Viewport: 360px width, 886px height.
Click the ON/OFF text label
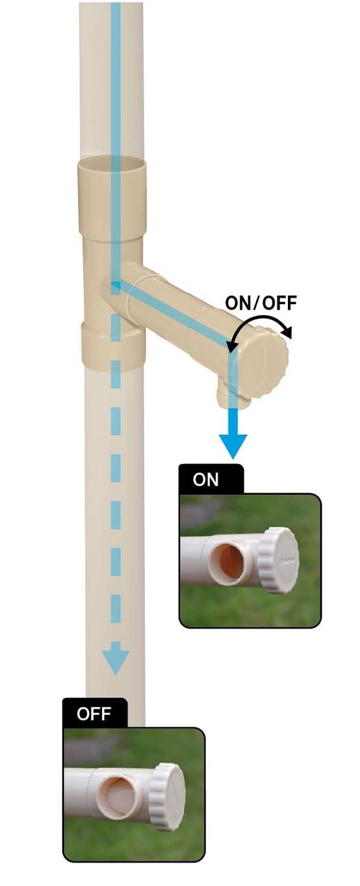pyautogui.click(x=261, y=303)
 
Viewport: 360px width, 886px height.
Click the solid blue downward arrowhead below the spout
pyautogui.click(x=233, y=446)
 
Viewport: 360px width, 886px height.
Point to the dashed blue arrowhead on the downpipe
pyautogui.click(x=116, y=662)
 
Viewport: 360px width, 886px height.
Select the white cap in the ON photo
pyautogui.click(x=279, y=560)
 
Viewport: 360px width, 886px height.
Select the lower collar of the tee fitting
pyautogui.click(x=113, y=346)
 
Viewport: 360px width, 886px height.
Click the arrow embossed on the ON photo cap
pyautogui.click(x=288, y=560)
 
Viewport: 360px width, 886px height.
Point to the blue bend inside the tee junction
pyautogui.click(x=115, y=283)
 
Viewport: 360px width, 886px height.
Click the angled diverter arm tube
pyautogui.click(x=178, y=309)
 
